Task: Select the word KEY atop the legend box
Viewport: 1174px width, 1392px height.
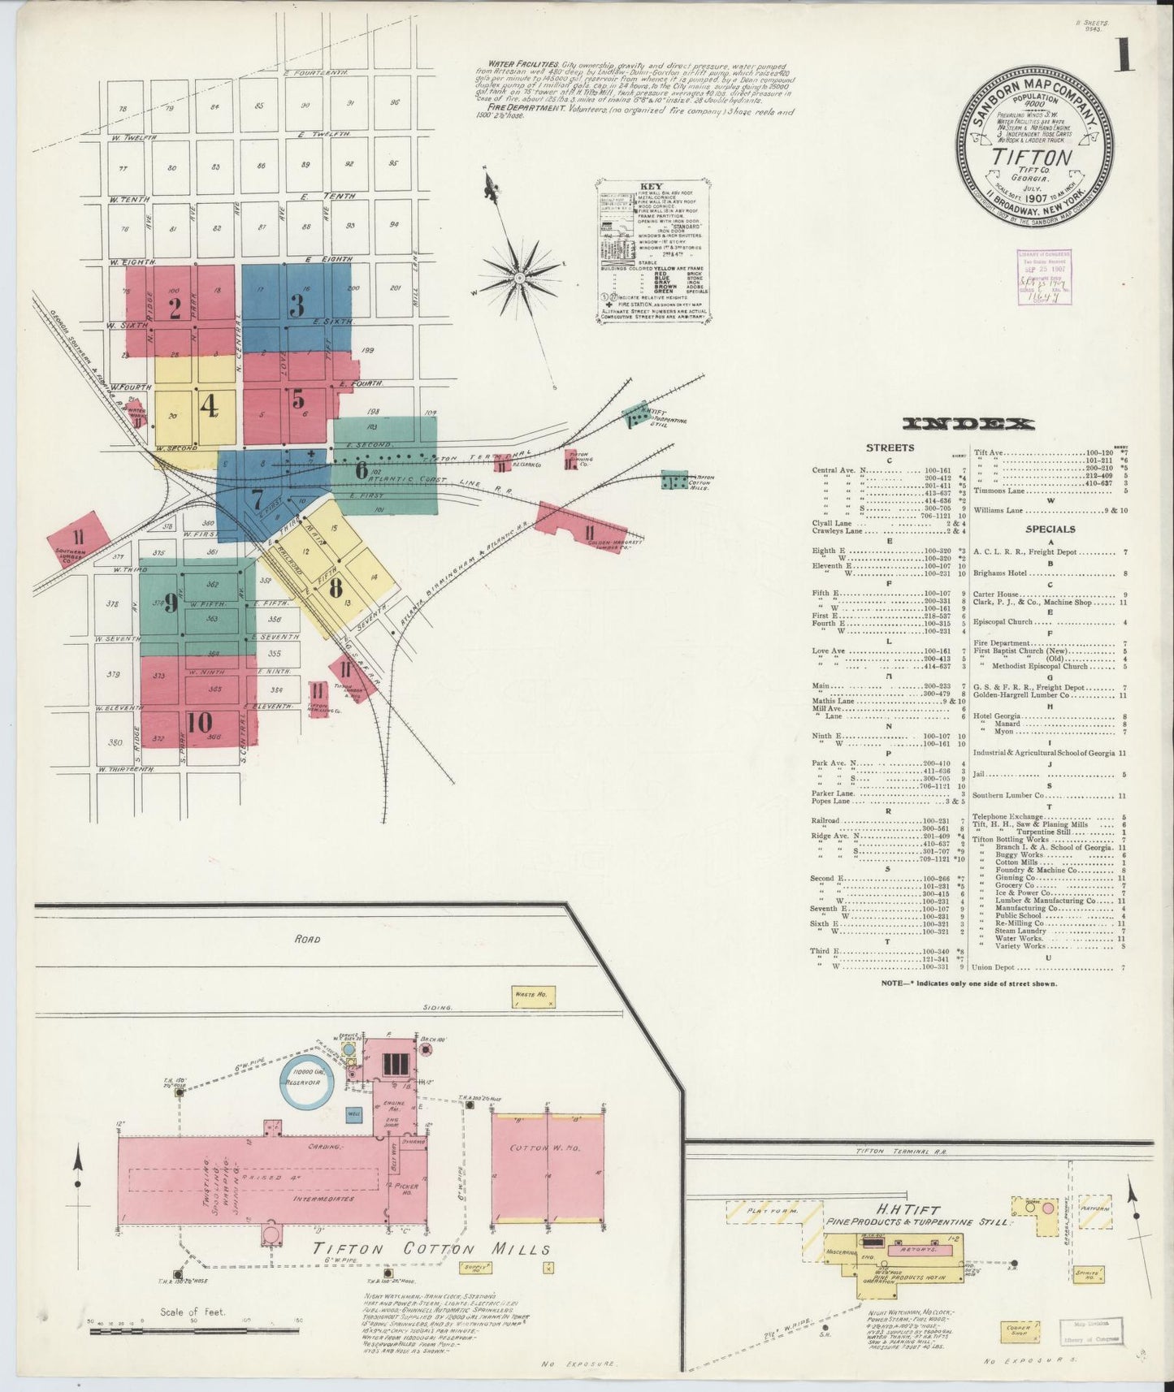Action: pos(652,186)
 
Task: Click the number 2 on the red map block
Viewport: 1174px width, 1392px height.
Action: pos(174,308)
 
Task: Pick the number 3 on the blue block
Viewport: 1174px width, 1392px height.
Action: pos(297,305)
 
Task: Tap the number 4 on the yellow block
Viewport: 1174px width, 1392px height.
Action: pos(210,405)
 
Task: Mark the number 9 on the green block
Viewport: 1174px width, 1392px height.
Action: pos(171,602)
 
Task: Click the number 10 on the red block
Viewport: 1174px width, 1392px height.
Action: pos(199,721)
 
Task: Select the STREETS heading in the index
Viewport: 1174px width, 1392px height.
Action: pos(890,447)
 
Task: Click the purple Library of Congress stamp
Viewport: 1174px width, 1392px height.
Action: pos(1044,277)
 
